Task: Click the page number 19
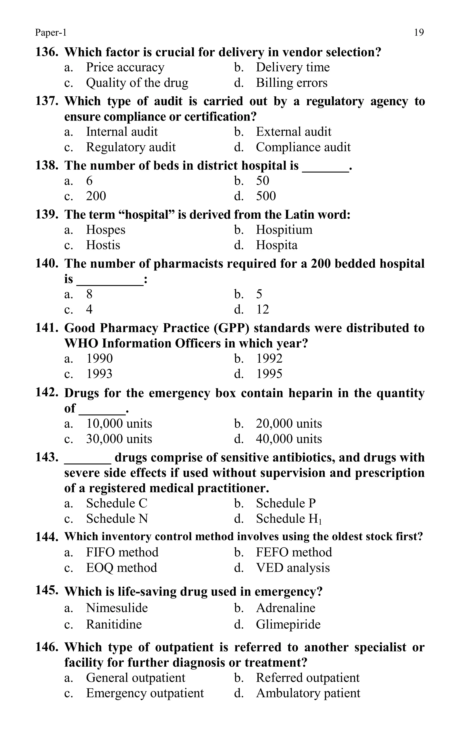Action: click(419, 32)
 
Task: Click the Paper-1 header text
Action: click(51, 32)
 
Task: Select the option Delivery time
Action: click(292, 67)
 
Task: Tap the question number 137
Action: click(46, 101)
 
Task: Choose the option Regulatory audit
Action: click(130, 147)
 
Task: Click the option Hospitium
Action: click(284, 230)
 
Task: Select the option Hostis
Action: click(103, 245)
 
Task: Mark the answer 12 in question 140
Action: click(263, 310)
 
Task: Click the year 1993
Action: click(99, 374)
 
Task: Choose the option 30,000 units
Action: click(119, 439)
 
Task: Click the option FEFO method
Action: click(294, 552)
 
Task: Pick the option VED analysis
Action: click(292, 568)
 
